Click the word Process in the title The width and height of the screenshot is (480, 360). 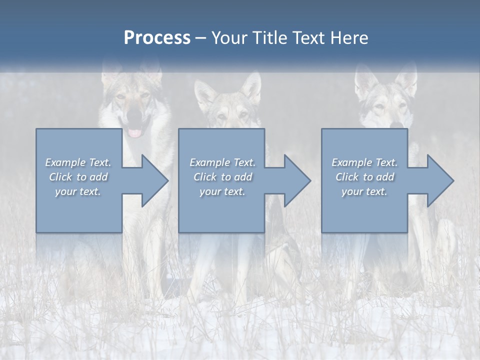pyautogui.click(x=157, y=38)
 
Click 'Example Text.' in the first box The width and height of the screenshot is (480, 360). pyautogui.click(x=78, y=162)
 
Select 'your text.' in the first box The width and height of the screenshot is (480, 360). pyautogui.click(x=78, y=191)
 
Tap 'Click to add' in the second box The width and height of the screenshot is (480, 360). pyautogui.click(x=222, y=177)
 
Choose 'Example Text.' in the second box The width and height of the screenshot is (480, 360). pyautogui.click(x=222, y=162)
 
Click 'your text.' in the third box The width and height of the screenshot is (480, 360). pyautogui.click(x=364, y=191)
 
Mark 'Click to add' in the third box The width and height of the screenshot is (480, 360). pyautogui.click(x=364, y=177)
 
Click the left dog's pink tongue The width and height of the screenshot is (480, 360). pyautogui.click(x=134, y=133)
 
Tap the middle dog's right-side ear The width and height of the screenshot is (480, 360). pyautogui.click(x=252, y=87)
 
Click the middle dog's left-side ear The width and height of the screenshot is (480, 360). pyautogui.click(x=204, y=92)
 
